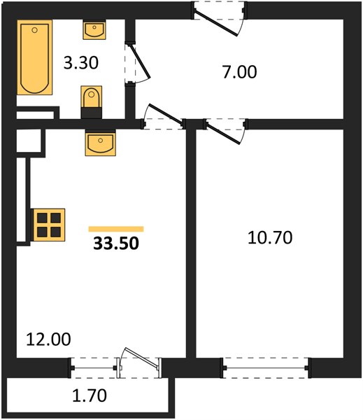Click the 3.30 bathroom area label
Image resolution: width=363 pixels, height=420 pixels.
pyautogui.click(x=81, y=63)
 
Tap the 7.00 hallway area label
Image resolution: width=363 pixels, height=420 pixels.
pyautogui.click(x=240, y=72)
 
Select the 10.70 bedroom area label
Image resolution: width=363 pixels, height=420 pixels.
pyautogui.click(x=270, y=238)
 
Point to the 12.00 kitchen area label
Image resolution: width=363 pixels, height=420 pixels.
pyautogui.click(x=48, y=339)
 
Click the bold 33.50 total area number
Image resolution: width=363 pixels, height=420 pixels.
pyautogui.click(x=116, y=244)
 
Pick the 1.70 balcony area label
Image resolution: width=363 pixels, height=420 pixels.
pyautogui.click(x=90, y=395)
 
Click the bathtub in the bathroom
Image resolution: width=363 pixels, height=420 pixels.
pyautogui.click(x=35, y=57)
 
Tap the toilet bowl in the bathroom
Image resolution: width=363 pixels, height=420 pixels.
pyautogui.click(x=92, y=97)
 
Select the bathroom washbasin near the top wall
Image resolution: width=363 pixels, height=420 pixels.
pyautogui.click(x=94, y=29)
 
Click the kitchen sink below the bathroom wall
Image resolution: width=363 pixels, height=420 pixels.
pyautogui.click(x=101, y=143)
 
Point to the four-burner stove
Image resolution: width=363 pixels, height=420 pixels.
pyautogui.click(x=49, y=225)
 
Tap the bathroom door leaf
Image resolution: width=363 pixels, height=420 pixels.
pyautogui.click(x=139, y=61)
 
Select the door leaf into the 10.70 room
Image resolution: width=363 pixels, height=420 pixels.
pyautogui.click(x=224, y=133)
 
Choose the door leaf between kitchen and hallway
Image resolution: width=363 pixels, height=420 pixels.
pyautogui.click(x=166, y=114)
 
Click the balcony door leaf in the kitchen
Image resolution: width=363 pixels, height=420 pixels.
pyautogui.click(x=141, y=357)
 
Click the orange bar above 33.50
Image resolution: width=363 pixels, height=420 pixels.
pyautogui.click(x=116, y=229)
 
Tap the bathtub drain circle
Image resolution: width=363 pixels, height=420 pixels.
pyautogui.click(x=34, y=30)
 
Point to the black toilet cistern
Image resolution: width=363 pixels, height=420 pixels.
pyautogui.click(x=92, y=113)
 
